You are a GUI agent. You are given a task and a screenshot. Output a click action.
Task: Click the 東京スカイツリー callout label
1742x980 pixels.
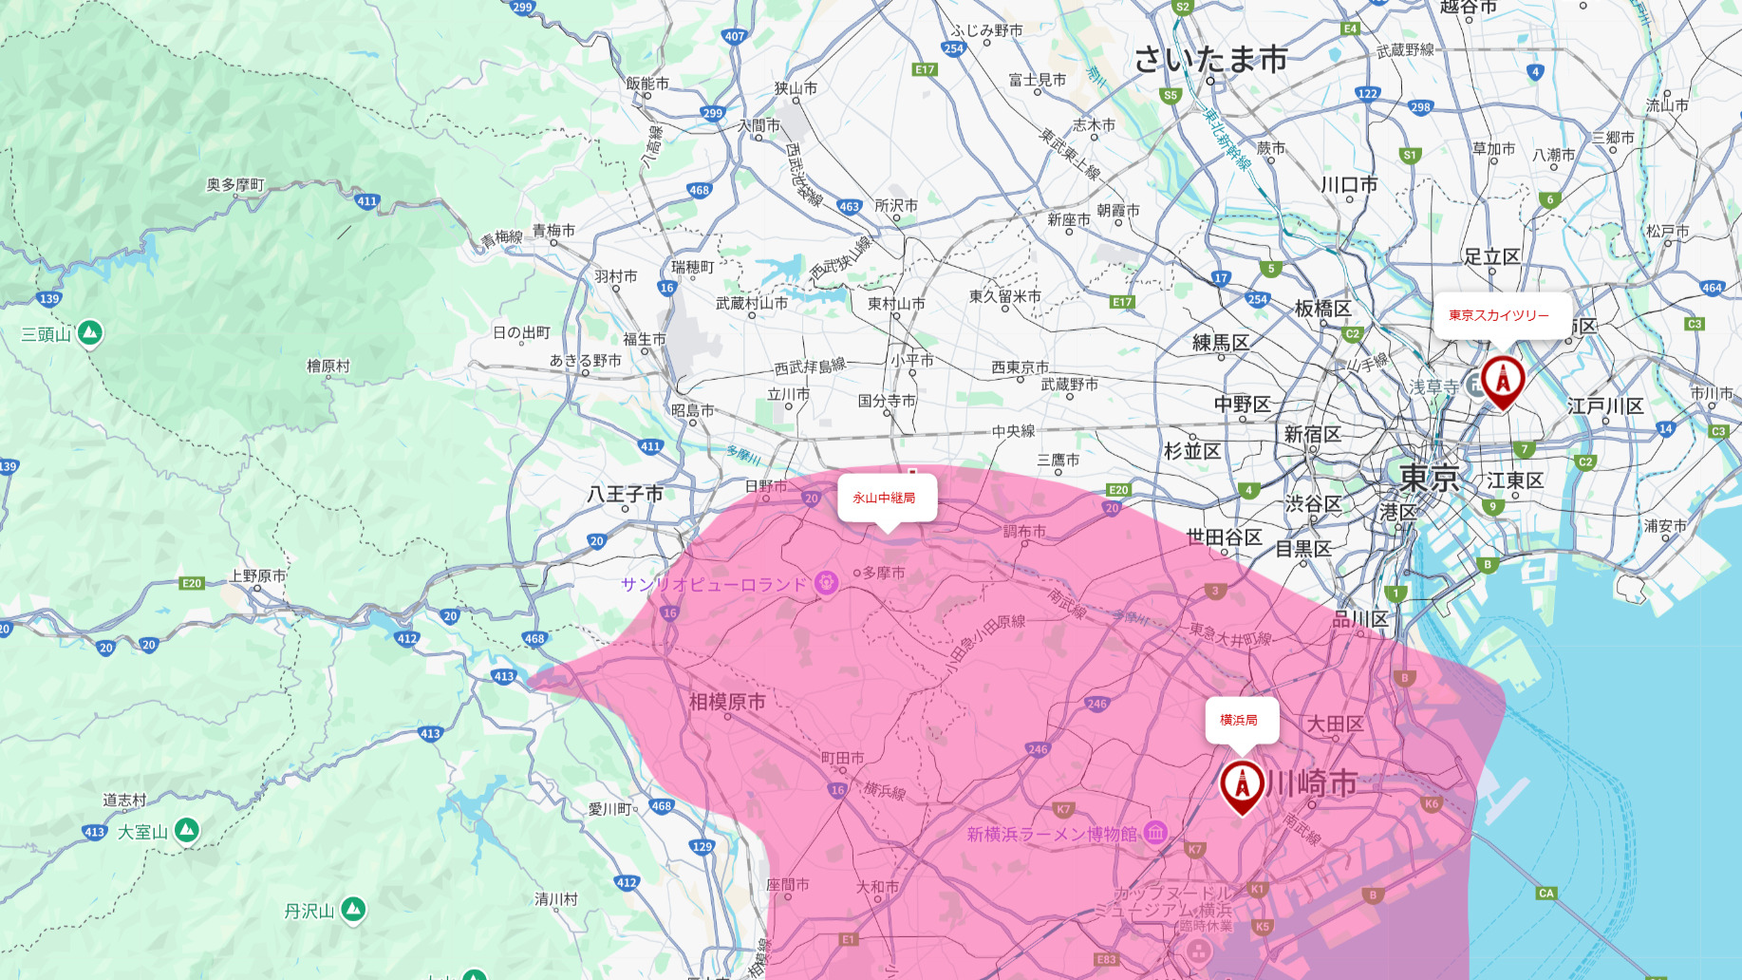(1498, 315)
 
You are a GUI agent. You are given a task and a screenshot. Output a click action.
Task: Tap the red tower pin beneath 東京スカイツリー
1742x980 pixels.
(1503, 381)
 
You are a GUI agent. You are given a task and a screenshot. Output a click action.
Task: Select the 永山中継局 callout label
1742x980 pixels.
(884, 498)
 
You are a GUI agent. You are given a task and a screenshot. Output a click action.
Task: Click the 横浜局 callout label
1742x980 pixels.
(1239, 720)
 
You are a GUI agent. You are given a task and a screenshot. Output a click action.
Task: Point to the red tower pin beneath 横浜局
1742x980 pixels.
(1242, 785)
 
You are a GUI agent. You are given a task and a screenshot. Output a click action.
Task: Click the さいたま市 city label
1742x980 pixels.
(1210, 60)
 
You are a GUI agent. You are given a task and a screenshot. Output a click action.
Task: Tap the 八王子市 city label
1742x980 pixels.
(625, 494)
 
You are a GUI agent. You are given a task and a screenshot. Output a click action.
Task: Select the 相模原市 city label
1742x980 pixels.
(727, 702)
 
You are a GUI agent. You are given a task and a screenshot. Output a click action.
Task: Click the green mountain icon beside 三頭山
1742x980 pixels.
(90, 332)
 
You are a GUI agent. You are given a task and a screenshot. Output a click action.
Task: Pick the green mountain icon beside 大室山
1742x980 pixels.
(187, 831)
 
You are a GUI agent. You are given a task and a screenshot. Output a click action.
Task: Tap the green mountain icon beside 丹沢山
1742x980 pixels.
(353, 909)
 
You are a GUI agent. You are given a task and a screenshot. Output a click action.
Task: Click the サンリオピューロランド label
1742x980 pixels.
(713, 584)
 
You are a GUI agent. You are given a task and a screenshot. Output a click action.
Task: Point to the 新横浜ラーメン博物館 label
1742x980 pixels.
(1051, 834)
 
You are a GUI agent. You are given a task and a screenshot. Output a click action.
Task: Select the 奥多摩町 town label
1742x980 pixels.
(235, 184)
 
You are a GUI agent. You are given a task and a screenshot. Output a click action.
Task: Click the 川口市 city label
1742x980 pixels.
(1349, 184)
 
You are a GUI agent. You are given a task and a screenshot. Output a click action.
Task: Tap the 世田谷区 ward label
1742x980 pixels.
(1224, 537)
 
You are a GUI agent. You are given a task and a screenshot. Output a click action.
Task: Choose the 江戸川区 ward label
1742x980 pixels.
(1605, 406)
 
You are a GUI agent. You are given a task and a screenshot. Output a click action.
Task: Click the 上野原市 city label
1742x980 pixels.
(257, 575)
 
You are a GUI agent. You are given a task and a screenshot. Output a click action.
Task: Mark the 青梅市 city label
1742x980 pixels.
(553, 231)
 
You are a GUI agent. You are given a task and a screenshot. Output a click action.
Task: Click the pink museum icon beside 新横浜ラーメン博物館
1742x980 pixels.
(1155, 833)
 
